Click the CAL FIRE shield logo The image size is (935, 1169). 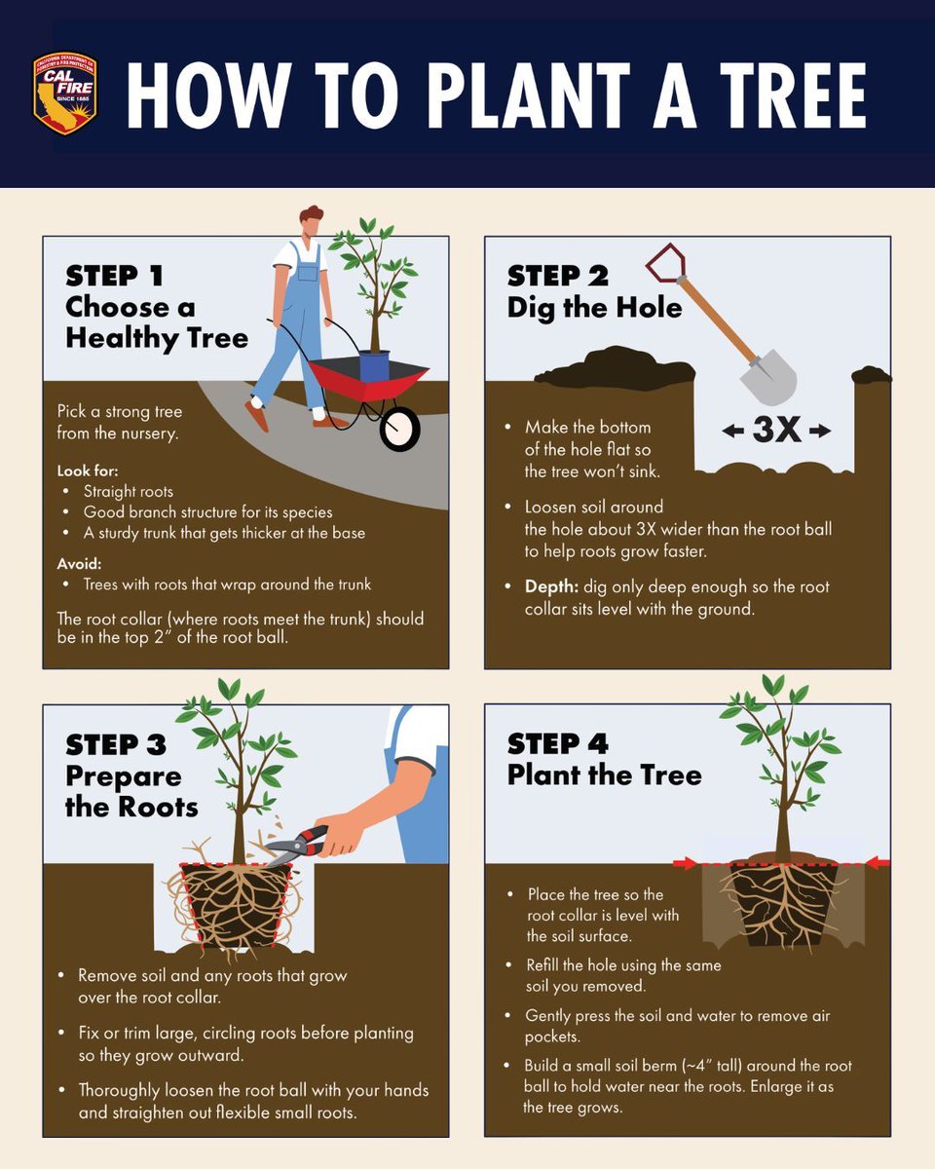[x=65, y=94]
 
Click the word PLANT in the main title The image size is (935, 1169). [x=529, y=95]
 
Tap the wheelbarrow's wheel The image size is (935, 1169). [x=400, y=430]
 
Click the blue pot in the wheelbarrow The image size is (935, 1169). [x=375, y=366]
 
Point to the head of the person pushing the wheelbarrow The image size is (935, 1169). [x=311, y=221]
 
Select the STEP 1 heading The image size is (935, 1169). [x=115, y=276]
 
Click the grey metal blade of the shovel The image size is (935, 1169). [x=768, y=376]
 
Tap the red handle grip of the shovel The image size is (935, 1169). [x=665, y=262]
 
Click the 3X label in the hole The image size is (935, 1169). [x=777, y=430]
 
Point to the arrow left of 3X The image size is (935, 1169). [x=732, y=432]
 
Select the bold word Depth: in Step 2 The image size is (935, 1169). [x=551, y=586]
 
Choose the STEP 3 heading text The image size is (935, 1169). [x=116, y=744]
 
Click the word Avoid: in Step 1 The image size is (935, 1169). [x=79, y=563]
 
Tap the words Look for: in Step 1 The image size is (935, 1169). [x=88, y=471]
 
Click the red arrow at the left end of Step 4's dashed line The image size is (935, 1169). [x=686, y=863]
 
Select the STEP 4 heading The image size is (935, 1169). [x=557, y=744]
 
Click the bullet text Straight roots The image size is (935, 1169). [x=129, y=492]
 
